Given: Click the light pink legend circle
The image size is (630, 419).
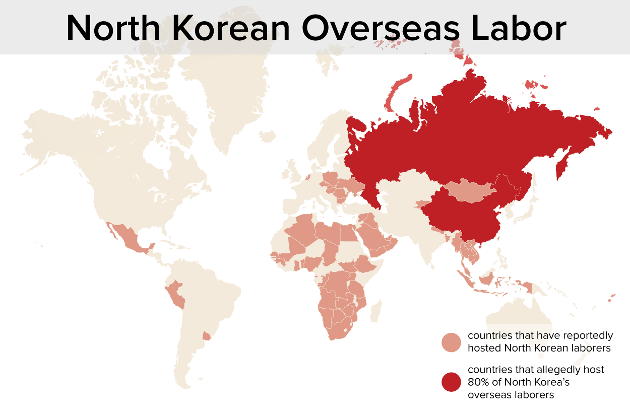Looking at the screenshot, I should click(451, 342).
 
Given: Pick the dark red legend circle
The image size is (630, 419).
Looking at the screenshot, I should click(451, 382).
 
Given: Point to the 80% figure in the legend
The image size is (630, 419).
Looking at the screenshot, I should click(479, 382).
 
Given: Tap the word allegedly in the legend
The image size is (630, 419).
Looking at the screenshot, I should click(549, 370).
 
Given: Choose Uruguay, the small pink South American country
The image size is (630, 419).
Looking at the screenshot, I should click(206, 335).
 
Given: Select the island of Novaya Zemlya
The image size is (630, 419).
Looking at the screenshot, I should click(396, 93).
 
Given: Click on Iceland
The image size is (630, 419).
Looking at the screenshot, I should click(267, 136).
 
